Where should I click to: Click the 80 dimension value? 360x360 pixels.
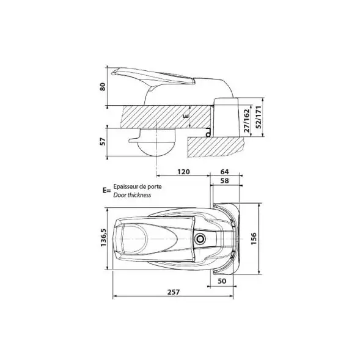(103, 87)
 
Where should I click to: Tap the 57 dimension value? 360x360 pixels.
(103, 141)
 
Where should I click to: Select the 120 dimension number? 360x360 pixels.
(184, 172)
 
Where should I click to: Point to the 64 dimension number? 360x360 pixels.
(224, 172)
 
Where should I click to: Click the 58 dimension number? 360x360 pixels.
(224, 181)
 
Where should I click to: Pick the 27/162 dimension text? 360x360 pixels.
(246, 120)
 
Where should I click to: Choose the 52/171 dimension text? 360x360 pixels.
(259, 117)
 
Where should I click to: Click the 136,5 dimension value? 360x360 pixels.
(103, 237)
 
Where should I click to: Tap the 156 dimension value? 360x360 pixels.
(254, 238)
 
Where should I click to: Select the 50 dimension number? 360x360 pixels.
(222, 281)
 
